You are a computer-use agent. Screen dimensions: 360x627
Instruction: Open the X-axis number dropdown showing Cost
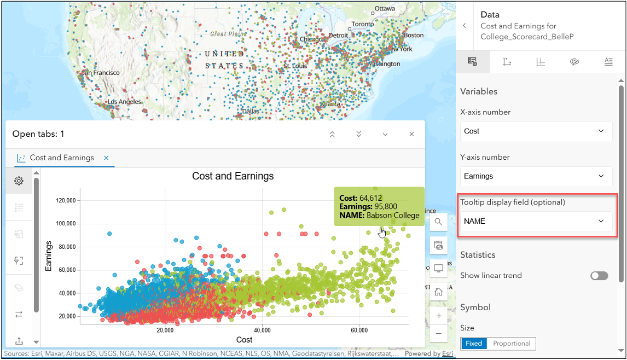(536, 131)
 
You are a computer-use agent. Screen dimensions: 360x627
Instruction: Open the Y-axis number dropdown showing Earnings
(536, 176)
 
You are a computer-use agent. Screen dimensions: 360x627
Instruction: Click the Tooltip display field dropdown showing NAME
(536, 221)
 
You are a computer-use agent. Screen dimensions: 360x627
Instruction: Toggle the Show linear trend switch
(599, 276)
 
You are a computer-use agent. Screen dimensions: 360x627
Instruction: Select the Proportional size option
(512, 344)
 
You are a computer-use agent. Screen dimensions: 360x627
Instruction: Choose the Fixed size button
(474, 344)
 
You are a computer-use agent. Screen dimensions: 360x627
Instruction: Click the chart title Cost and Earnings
(233, 176)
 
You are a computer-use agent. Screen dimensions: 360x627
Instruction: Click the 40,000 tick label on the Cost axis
(263, 330)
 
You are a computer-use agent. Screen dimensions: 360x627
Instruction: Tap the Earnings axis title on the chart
(49, 256)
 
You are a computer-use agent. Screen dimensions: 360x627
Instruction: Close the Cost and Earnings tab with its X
(106, 158)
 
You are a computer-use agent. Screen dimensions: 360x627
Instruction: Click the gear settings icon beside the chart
(19, 181)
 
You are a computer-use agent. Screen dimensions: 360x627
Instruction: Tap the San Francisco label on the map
(101, 73)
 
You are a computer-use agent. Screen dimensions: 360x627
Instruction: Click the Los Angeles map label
(125, 102)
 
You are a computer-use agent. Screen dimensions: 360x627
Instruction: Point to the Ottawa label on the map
(385, 9)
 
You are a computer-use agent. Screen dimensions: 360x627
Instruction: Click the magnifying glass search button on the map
(439, 222)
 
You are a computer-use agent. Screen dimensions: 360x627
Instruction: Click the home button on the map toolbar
(439, 292)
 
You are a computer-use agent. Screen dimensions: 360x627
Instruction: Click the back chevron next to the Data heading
(465, 26)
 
